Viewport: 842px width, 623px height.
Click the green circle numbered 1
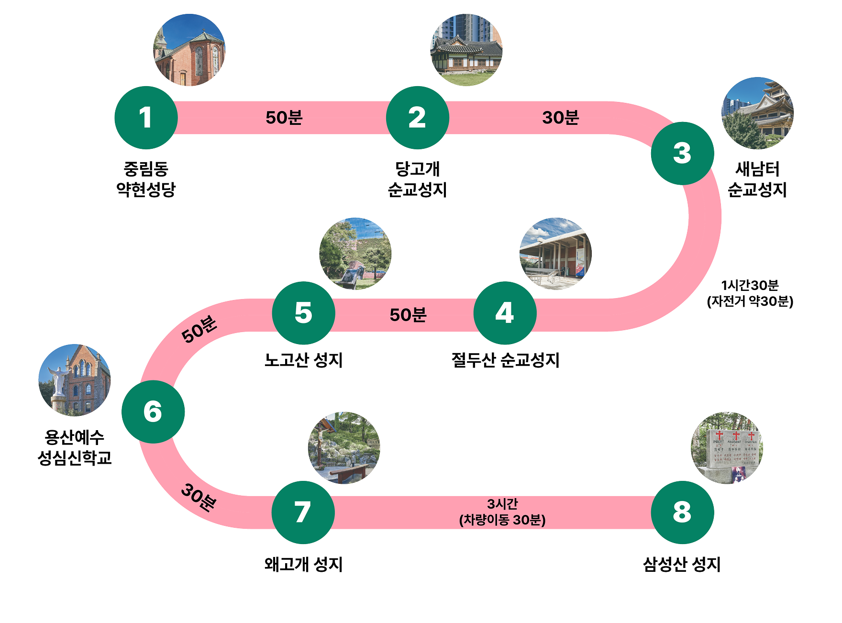pos(146,118)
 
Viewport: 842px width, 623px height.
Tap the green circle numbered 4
pos(505,313)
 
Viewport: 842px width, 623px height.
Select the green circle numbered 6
pos(153,412)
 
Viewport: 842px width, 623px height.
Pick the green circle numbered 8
pos(682,512)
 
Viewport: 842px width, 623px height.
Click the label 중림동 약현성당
pos(146,179)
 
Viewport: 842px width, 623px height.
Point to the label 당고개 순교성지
pos(417,179)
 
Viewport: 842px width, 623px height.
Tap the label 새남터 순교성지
pos(757,179)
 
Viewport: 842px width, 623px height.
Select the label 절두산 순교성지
pos(505,360)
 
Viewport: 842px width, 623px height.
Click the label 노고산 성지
pos(304,360)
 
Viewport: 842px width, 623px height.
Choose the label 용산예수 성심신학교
pos(75,447)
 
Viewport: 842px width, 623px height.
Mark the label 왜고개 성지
pos(304,564)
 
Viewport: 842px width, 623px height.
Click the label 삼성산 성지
pos(682,564)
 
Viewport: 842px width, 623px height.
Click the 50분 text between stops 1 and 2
pos(284,118)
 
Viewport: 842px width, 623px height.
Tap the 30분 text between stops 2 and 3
pos(561,118)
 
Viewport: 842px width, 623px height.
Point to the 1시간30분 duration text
pos(750,285)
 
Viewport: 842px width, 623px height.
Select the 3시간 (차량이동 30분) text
pos(502,512)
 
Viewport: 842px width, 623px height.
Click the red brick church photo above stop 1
pos(189,50)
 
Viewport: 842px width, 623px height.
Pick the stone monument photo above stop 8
pos(727,448)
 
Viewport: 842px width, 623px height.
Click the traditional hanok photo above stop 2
pos(466,50)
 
